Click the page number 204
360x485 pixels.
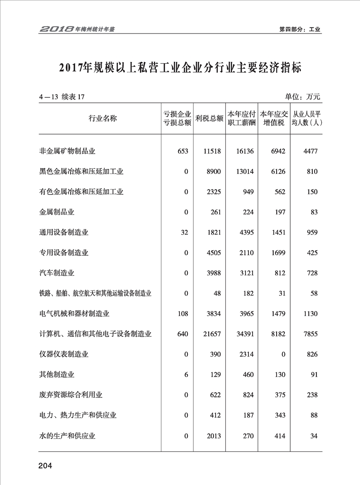(x=45, y=466)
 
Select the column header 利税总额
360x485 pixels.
(x=209, y=118)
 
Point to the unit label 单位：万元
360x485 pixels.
(x=303, y=97)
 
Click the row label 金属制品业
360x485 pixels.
(x=57, y=212)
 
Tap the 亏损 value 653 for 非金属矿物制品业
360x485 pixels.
(x=183, y=151)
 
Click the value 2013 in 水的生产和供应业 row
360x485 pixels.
(x=213, y=436)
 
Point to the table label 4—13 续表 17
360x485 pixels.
(x=61, y=97)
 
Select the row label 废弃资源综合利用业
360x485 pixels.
(x=71, y=395)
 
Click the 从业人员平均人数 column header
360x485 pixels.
(x=307, y=118)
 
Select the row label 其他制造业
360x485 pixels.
(x=57, y=375)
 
